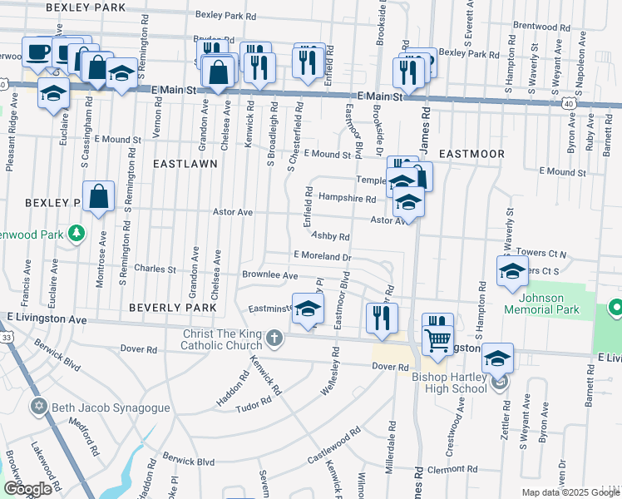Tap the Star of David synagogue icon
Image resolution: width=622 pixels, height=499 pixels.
click(37, 408)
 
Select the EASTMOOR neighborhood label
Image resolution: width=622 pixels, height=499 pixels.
click(471, 155)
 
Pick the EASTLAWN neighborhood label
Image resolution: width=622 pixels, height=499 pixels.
click(185, 164)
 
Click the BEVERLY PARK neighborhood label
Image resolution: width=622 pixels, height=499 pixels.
click(173, 308)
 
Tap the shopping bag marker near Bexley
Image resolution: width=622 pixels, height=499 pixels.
click(98, 198)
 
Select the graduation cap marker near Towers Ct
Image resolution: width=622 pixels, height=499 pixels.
click(512, 271)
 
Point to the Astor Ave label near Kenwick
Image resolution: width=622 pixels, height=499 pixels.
click(233, 213)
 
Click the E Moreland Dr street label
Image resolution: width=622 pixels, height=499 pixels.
click(322, 257)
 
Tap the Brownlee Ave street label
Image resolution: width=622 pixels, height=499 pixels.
click(269, 275)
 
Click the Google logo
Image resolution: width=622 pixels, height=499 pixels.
click(27, 489)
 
